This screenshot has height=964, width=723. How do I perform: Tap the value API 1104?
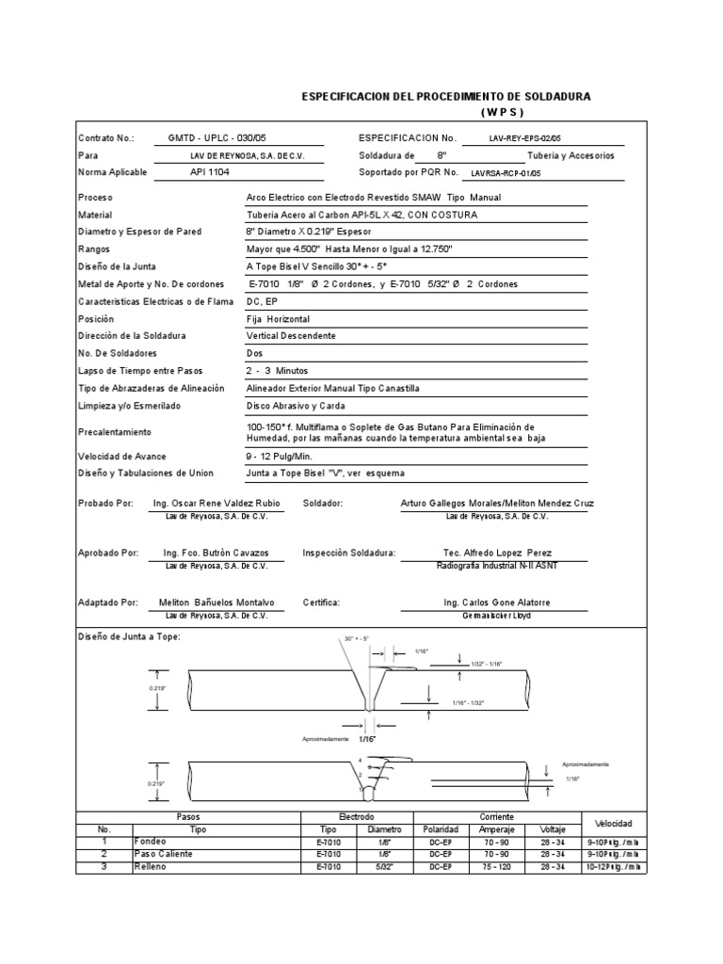[x=209, y=172]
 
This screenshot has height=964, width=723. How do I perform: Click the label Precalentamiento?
[x=116, y=432]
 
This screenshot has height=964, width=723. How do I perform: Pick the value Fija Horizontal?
[x=279, y=319]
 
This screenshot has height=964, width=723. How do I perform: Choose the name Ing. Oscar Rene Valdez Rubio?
[x=217, y=504]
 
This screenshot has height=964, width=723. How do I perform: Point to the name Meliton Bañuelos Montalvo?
[x=217, y=602]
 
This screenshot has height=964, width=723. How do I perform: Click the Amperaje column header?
[x=497, y=829]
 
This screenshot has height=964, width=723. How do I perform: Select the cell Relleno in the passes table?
[x=150, y=865]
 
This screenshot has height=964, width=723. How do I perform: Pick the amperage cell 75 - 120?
[x=497, y=865]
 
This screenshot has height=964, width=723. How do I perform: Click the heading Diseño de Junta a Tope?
[x=128, y=637]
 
